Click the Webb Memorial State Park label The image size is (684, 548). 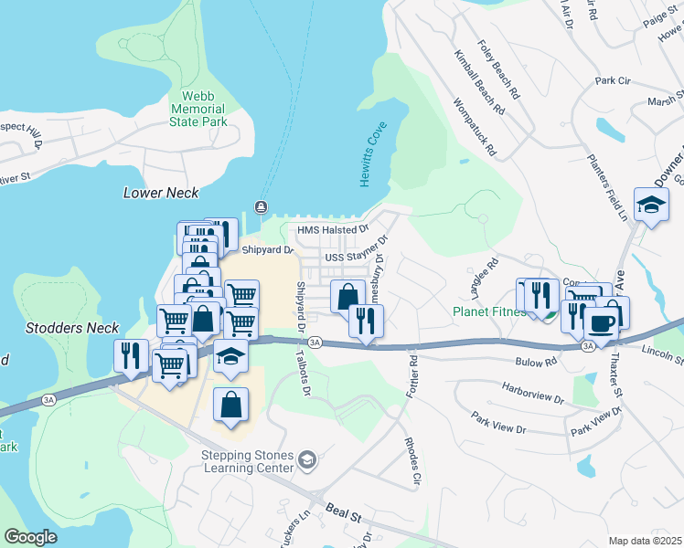pyautogui.click(x=198, y=109)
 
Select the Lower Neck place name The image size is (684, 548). pyautogui.click(x=161, y=193)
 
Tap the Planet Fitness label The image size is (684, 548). pyautogui.click(x=488, y=311)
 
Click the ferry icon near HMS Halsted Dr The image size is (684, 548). pyautogui.click(x=262, y=205)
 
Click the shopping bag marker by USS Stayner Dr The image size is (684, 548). pyautogui.click(x=347, y=296)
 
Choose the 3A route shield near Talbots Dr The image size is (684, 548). pyautogui.click(x=315, y=342)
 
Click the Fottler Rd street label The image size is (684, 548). pyautogui.click(x=413, y=374)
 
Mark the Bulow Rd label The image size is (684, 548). pyautogui.click(x=538, y=363)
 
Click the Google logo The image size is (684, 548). pyautogui.click(x=30, y=536)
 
